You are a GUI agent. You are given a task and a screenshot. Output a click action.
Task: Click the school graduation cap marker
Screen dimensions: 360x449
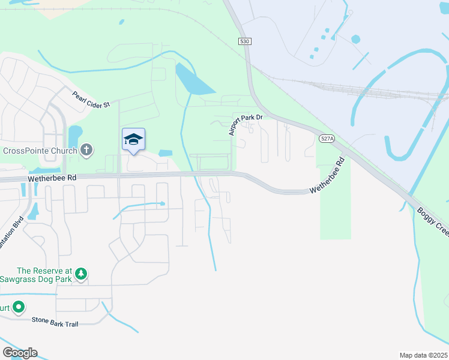pyautogui.click(x=133, y=140)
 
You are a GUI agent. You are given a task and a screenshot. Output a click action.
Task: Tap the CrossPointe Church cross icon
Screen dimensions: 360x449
pyautogui.click(x=86, y=149)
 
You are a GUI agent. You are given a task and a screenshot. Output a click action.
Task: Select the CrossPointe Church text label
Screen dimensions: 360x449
pyautogui.click(x=39, y=150)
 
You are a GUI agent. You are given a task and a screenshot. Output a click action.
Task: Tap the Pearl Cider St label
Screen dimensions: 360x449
pyautogui.click(x=92, y=100)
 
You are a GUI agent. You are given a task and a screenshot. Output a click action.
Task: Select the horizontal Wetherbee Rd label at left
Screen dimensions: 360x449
pyautogui.click(x=52, y=178)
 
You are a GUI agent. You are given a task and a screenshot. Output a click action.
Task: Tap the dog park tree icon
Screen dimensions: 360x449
pyautogui.click(x=80, y=274)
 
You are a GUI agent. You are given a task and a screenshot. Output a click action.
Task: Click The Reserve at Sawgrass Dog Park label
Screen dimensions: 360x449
pyautogui.click(x=36, y=275)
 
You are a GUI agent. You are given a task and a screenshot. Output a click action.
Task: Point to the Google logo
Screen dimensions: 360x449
pyautogui.click(x=20, y=353)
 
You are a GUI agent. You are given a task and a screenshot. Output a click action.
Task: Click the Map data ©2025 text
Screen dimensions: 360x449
pyautogui.click(x=423, y=355)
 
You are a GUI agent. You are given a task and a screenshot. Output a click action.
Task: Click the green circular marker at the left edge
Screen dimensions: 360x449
pyautogui.click(x=19, y=308)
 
